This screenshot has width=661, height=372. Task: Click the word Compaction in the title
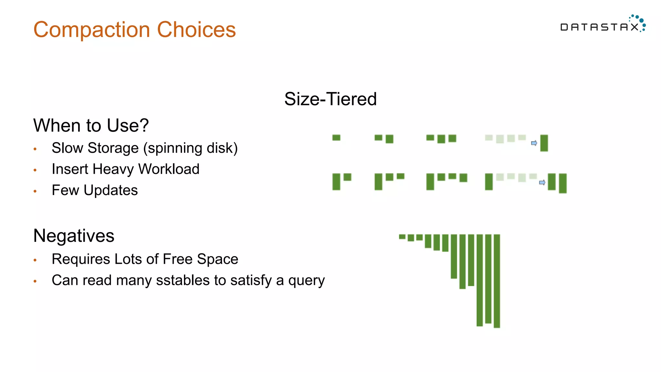click(x=92, y=30)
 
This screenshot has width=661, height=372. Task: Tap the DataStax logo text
click(x=599, y=27)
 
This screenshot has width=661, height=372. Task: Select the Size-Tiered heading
click(x=330, y=99)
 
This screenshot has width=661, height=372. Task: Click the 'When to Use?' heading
click(x=91, y=125)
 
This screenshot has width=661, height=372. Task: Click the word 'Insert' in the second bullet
click(x=70, y=169)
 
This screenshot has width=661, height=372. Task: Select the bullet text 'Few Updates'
click(x=95, y=190)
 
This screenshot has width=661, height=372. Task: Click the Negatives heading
click(x=74, y=236)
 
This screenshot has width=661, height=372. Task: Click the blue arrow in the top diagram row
click(x=534, y=143)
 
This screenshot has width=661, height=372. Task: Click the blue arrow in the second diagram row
click(x=542, y=183)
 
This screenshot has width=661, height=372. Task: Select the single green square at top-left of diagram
click(x=336, y=138)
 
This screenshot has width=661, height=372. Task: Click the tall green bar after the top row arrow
click(x=544, y=143)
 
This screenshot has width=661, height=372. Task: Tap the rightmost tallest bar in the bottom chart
click(x=497, y=281)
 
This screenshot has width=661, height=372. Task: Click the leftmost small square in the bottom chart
click(x=402, y=237)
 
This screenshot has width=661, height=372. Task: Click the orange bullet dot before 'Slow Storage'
click(x=35, y=149)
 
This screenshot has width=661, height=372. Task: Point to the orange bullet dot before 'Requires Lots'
click(x=35, y=260)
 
